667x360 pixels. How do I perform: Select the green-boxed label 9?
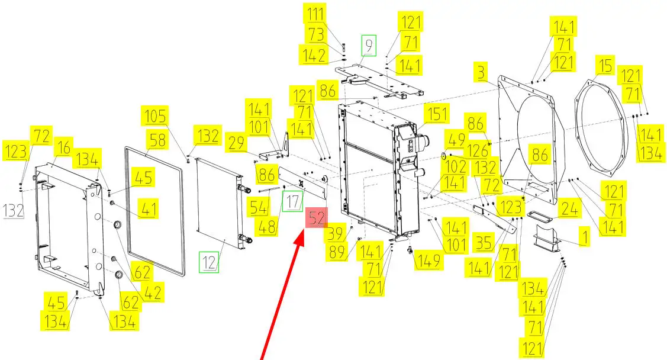point(368,46)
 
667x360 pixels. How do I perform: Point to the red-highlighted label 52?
point(317,218)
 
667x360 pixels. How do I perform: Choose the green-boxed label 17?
point(293,201)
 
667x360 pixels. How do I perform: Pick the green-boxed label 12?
point(208,261)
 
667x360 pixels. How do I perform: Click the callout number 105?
point(153,115)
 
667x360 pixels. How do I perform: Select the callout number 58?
point(157,140)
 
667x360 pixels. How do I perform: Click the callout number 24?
point(568,208)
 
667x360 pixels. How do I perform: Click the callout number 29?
point(236,144)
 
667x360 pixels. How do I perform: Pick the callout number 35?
point(484,242)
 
